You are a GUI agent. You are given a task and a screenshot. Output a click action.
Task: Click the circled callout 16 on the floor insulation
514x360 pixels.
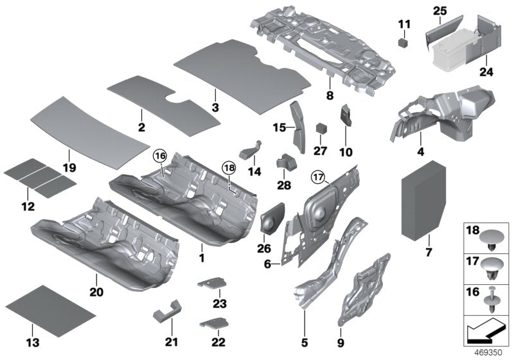(159, 156)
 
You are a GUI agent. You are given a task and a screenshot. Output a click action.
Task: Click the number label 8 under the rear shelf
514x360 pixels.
(329, 95)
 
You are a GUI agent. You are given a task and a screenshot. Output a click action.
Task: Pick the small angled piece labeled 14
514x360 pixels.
(249, 151)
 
